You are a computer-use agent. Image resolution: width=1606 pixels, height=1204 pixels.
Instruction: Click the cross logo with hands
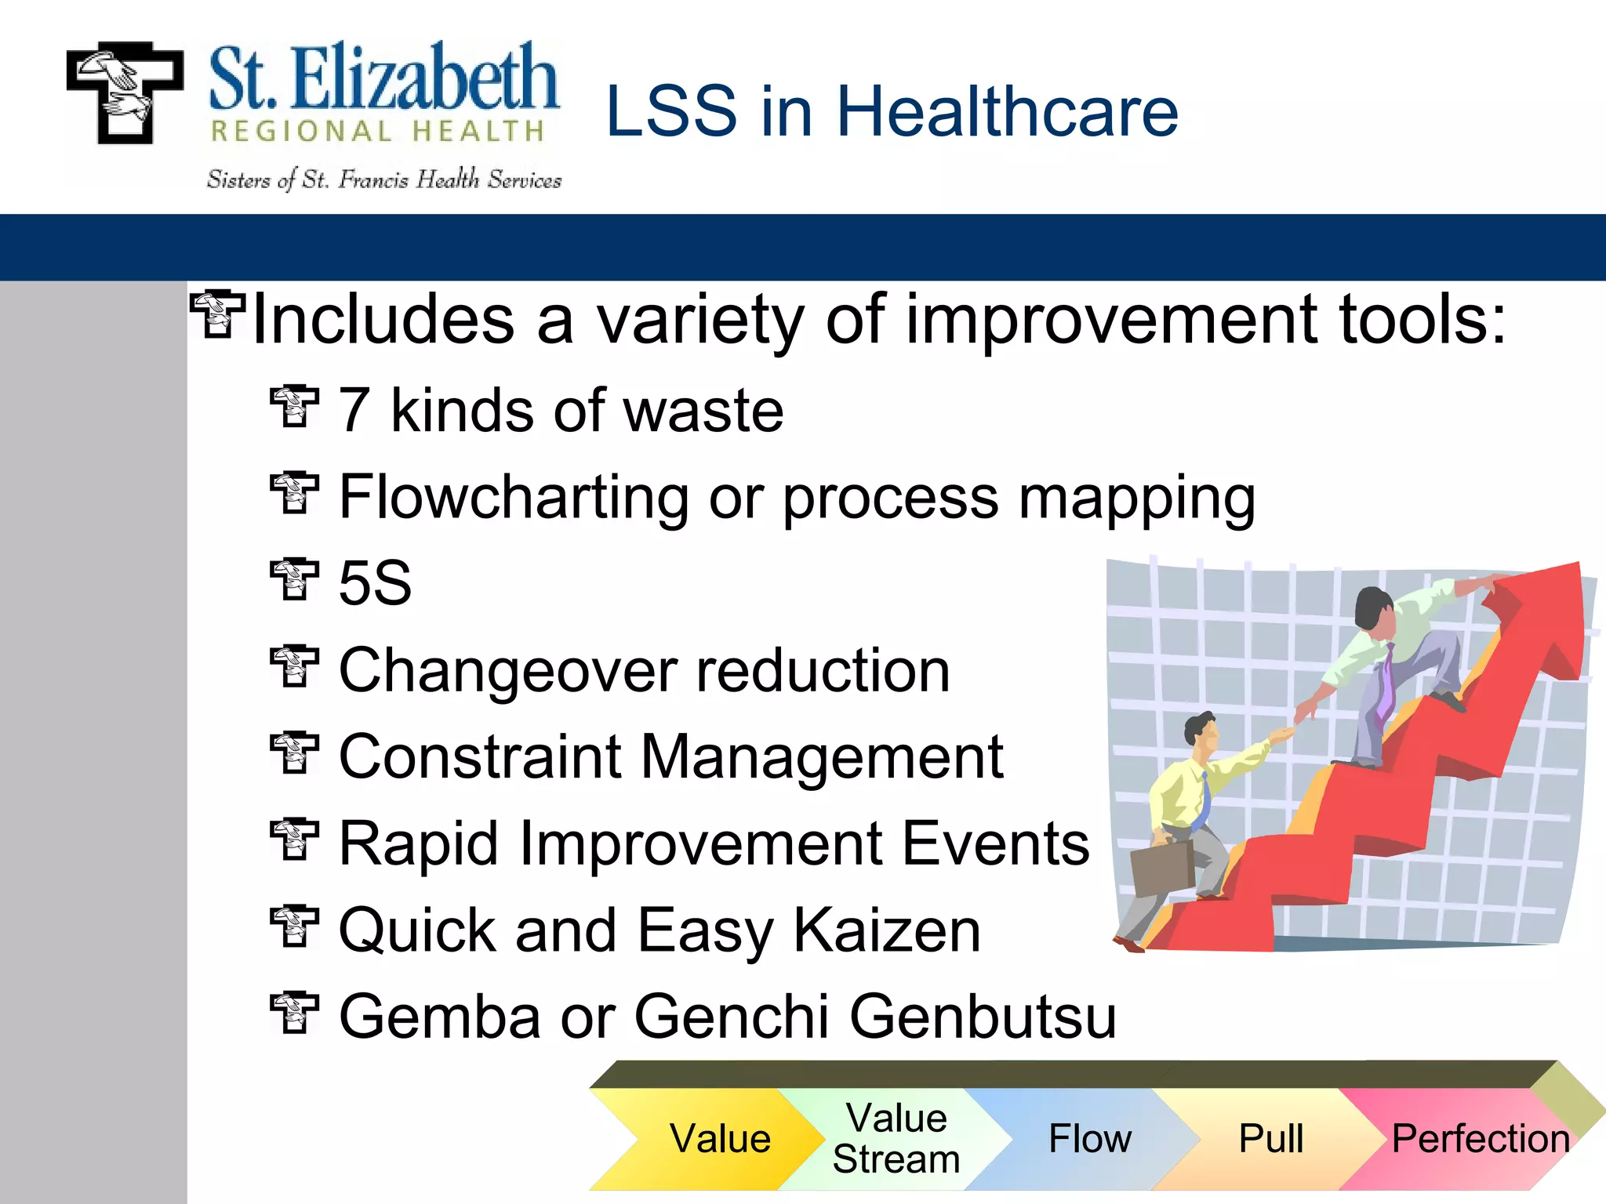coord(125,92)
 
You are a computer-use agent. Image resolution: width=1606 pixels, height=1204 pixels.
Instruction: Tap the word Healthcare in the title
coord(1007,111)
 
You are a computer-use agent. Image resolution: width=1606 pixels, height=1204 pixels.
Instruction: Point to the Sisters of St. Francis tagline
coord(383,180)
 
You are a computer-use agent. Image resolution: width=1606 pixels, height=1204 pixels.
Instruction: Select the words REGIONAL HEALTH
coord(377,132)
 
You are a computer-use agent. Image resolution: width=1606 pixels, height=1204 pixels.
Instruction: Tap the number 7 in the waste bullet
coord(354,411)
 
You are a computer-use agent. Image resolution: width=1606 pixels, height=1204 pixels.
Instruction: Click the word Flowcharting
coord(513,497)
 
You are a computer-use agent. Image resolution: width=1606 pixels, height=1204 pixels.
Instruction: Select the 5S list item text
coord(375,583)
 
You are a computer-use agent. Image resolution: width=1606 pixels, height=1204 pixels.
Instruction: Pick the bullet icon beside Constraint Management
coord(294,753)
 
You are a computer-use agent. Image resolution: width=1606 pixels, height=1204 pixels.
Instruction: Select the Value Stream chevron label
coord(896,1138)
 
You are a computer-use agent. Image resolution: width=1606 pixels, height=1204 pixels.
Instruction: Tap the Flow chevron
coord(1089,1138)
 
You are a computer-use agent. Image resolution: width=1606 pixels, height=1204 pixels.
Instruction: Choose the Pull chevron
coord(1270,1138)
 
